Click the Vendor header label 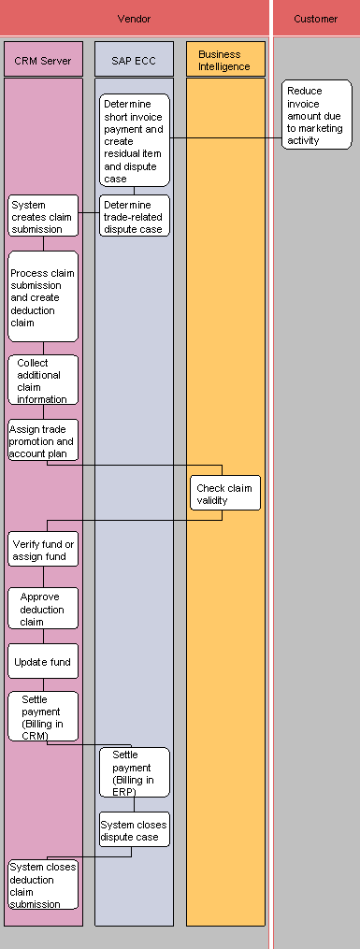(x=135, y=19)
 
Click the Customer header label (x=316, y=19)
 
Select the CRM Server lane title (x=43, y=60)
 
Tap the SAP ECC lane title (x=135, y=60)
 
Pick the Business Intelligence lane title (x=224, y=60)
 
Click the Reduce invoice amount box (x=316, y=115)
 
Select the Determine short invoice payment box (x=135, y=140)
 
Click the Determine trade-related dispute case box (x=135, y=216)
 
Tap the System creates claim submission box (x=42, y=216)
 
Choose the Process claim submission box (x=43, y=296)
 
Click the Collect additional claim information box (x=43, y=381)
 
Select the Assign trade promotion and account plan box (x=43, y=440)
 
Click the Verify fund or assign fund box (x=43, y=550)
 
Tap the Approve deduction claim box (x=43, y=609)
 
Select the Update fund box (x=43, y=662)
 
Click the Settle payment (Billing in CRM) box (x=43, y=716)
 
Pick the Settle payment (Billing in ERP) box (x=135, y=772)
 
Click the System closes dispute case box (x=135, y=829)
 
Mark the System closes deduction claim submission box (x=43, y=884)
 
